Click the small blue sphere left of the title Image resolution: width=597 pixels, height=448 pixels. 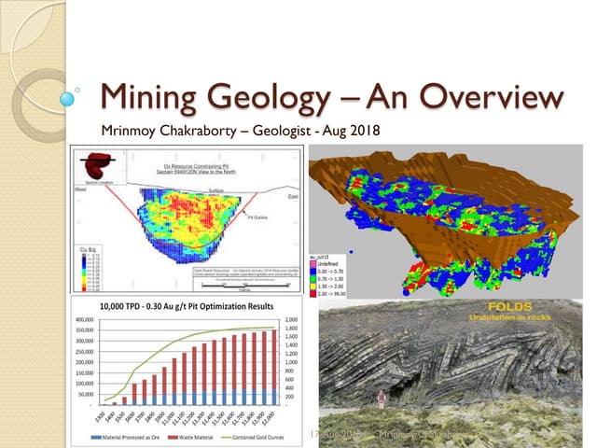click(67, 96)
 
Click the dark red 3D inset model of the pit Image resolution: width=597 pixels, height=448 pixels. click(96, 161)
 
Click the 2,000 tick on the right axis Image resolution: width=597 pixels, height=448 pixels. click(293, 319)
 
